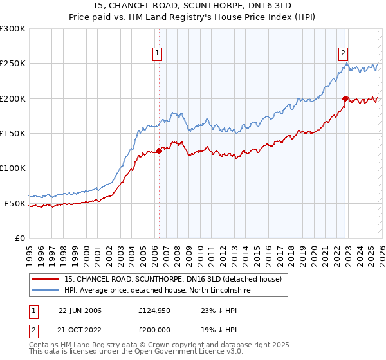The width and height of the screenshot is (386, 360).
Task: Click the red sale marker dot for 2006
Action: [159, 151]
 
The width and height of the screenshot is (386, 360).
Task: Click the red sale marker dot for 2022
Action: [345, 98]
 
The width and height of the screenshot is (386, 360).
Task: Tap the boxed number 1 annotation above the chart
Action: [158, 53]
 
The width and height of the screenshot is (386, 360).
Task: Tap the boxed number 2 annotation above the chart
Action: [344, 53]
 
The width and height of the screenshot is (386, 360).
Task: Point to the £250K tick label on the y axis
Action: [13, 64]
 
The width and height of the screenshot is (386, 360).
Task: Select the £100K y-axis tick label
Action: [13, 168]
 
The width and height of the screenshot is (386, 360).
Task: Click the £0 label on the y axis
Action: [19, 238]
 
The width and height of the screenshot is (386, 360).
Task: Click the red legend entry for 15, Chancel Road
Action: [173, 279]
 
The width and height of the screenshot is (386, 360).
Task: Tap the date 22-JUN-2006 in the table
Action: [80, 310]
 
